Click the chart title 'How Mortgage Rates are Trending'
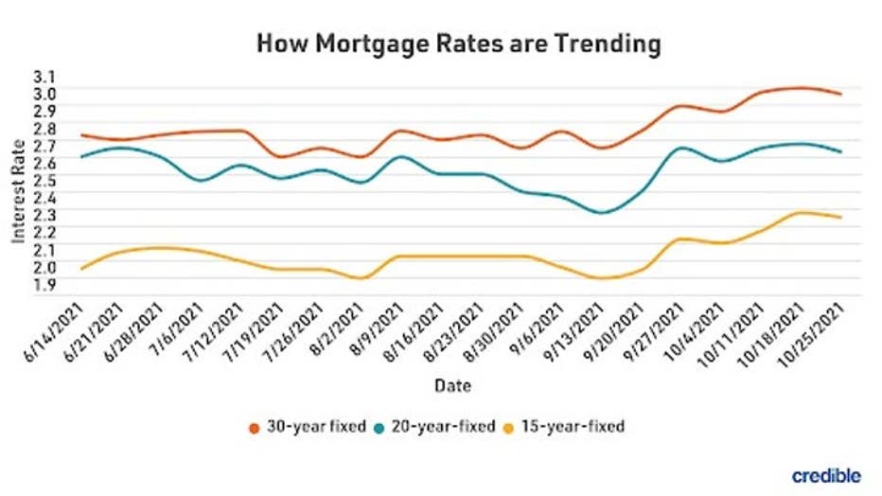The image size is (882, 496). (458, 44)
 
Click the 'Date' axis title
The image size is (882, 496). (453, 386)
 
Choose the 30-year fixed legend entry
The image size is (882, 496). (307, 427)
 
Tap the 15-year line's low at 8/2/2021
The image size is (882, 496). (360, 278)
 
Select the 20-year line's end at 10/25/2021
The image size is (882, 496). (841, 151)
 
